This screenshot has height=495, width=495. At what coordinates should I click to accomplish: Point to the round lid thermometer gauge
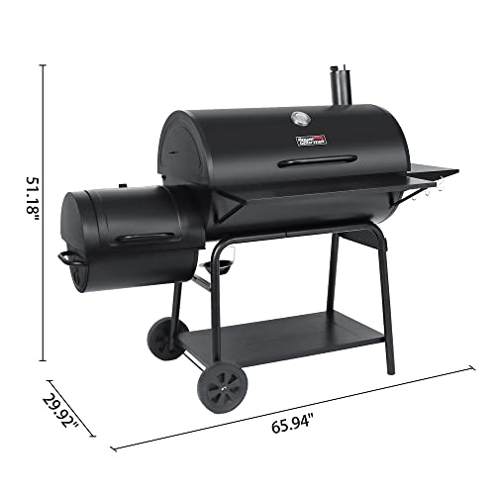[299, 121]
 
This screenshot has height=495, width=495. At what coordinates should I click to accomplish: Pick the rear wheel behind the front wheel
[163, 339]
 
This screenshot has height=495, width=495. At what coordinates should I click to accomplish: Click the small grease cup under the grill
[222, 267]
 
